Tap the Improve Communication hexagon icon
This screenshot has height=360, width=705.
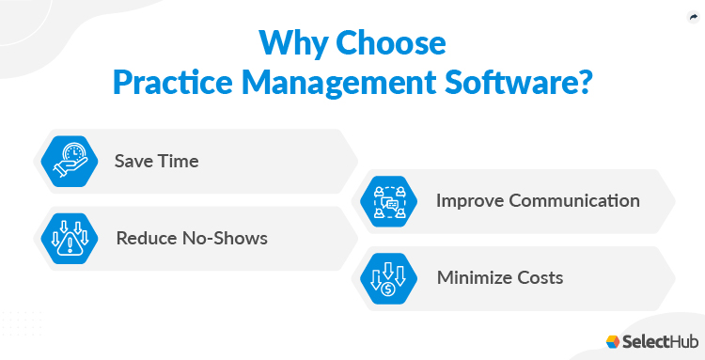(x=387, y=200)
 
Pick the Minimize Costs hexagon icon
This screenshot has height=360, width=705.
(x=387, y=277)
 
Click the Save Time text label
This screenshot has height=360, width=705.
(x=156, y=161)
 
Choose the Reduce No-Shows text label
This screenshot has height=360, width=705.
(x=192, y=238)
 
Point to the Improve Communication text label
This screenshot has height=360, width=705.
(x=538, y=200)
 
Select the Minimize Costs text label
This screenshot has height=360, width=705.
(x=500, y=277)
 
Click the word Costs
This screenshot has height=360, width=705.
(x=540, y=277)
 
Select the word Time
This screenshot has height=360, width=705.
(x=179, y=161)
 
